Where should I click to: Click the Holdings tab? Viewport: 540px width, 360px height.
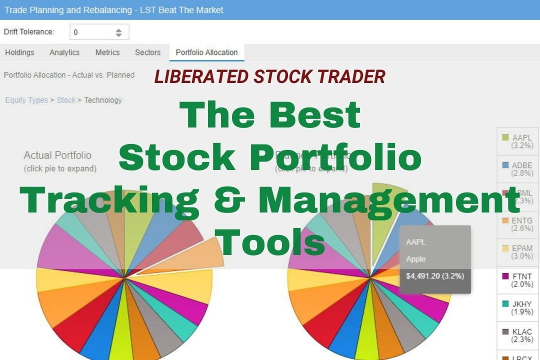pos(20,52)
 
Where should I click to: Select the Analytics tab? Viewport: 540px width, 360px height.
pos(64,52)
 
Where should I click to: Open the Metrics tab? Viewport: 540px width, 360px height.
pos(107,52)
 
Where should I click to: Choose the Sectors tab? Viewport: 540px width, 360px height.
pos(147,52)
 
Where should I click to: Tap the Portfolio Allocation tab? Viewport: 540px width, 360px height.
pos(206,52)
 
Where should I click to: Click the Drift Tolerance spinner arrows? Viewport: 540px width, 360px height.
pos(118,32)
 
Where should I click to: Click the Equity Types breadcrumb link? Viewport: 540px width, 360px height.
pos(26,100)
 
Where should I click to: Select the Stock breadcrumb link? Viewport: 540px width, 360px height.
pos(66,100)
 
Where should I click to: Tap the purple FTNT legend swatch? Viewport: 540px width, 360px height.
pos(505,276)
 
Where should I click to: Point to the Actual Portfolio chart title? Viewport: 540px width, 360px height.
pos(57,155)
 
